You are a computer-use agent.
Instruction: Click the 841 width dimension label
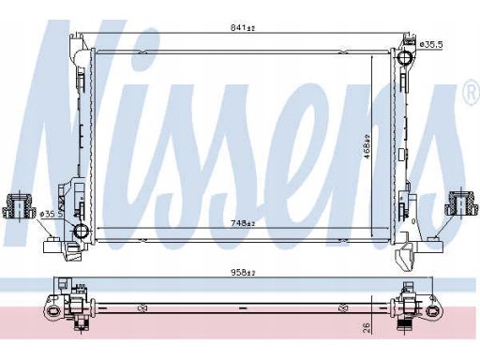pos(243,28)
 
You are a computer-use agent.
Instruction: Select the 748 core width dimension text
pos(243,223)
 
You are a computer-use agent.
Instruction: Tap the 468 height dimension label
pos(367,146)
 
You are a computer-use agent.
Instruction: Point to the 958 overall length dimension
pos(243,273)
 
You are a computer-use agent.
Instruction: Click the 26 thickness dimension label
pos(367,327)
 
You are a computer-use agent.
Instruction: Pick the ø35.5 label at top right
pos(431,44)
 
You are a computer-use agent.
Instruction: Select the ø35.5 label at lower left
pos(52,215)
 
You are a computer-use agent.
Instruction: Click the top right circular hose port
pos(405,57)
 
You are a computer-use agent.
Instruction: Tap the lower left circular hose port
pos(82,231)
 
